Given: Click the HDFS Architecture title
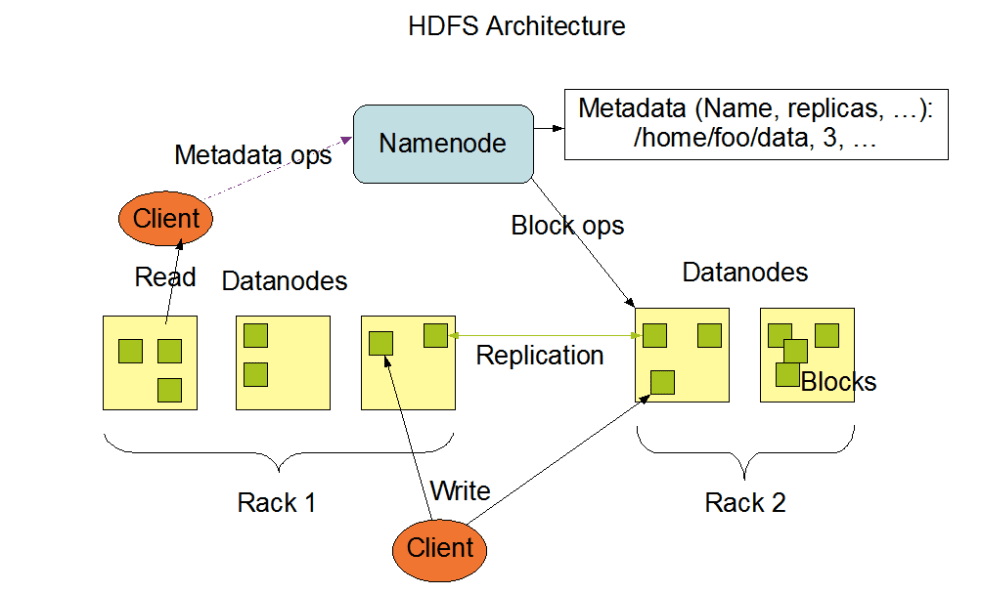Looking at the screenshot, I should pyautogui.click(x=516, y=26).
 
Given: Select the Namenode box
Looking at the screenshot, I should pyautogui.click(x=442, y=143).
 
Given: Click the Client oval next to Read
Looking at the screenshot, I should pyautogui.click(x=166, y=218).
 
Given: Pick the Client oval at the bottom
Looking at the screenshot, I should pyautogui.click(x=440, y=547).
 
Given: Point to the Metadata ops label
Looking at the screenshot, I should pyautogui.click(x=252, y=155).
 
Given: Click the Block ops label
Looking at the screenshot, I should pyautogui.click(x=567, y=225).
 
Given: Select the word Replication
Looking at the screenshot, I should pyautogui.click(x=539, y=355).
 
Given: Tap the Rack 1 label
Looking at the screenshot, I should pyautogui.click(x=276, y=501).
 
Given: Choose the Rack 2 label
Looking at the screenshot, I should pyautogui.click(x=745, y=501).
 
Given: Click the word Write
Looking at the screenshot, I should pyautogui.click(x=460, y=490).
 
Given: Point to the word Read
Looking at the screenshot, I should pyautogui.click(x=165, y=276).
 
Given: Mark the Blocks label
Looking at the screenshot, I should pyautogui.click(x=838, y=381).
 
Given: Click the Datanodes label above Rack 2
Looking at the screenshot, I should pyautogui.click(x=745, y=272).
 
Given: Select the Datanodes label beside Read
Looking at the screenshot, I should pyautogui.click(x=284, y=280).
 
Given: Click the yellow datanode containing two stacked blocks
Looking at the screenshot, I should pyautogui.click(x=283, y=362).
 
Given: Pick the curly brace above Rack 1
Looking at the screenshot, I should pyautogui.click(x=279, y=449).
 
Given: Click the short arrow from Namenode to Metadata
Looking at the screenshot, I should pyautogui.click(x=547, y=128).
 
